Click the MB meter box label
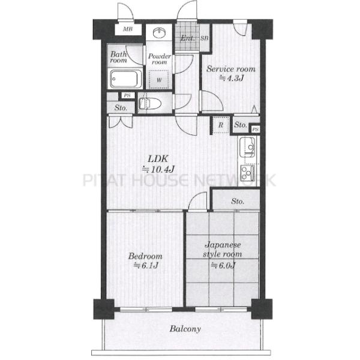pyautogui.click(x=128, y=29)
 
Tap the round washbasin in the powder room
pyautogui.click(x=159, y=32)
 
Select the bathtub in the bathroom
pyautogui.click(x=125, y=79)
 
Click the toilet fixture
pyautogui.click(x=149, y=104)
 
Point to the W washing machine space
pyautogui.click(x=159, y=80)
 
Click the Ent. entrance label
pyautogui.click(x=188, y=38)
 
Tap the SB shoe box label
pyautogui.click(x=205, y=38)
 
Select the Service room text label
pyautogui.click(x=231, y=68)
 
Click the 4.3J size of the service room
pyautogui.click(x=232, y=78)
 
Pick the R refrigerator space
pyautogui.click(x=221, y=125)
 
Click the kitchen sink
pyautogui.click(x=247, y=147)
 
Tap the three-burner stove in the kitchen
pyautogui.click(x=248, y=173)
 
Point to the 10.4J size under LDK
pyautogui.click(x=158, y=169)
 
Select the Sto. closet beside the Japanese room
pyautogui.click(x=238, y=202)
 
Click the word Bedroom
pyautogui.click(x=145, y=256)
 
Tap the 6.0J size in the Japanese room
pyautogui.click(x=223, y=266)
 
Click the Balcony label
pyautogui.click(x=185, y=329)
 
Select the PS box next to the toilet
pyautogui.click(x=127, y=95)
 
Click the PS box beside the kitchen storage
pyautogui.click(x=256, y=130)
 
